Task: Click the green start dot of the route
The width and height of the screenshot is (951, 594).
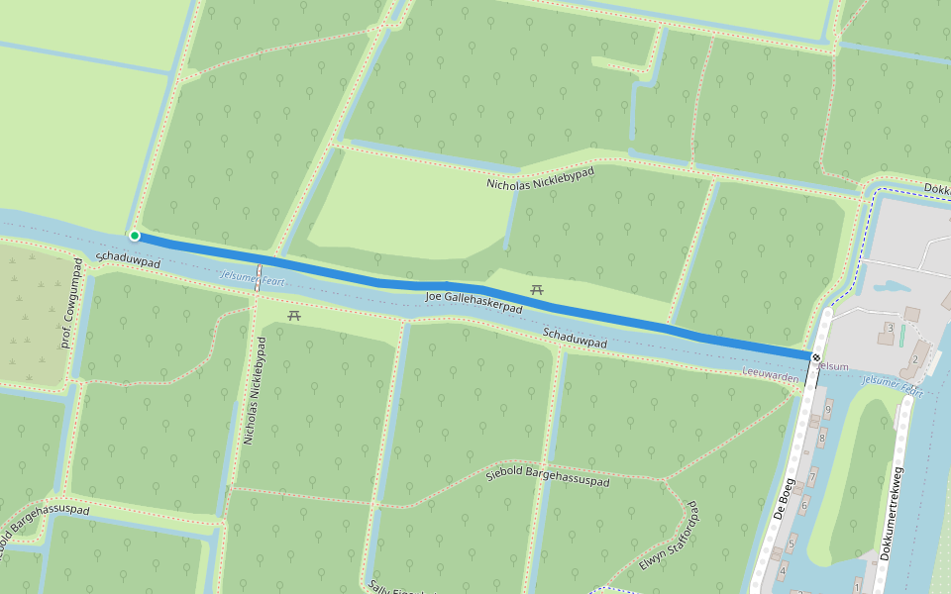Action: click(x=134, y=236)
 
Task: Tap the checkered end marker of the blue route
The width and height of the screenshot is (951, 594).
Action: click(x=815, y=356)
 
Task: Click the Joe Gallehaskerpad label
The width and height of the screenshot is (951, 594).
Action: click(x=473, y=298)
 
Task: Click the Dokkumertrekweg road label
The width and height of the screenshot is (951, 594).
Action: click(x=894, y=515)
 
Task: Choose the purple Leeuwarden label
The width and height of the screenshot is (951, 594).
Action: click(x=770, y=377)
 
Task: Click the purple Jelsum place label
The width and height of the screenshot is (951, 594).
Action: click(x=832, y=366)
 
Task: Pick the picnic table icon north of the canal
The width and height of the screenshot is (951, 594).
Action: click(x=537, y=289)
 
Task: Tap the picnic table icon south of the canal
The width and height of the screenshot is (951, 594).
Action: click(x=294, y=315)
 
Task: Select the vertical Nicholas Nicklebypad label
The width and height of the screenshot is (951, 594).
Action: click(x=256, y=390)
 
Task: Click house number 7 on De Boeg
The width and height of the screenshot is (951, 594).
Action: click(x=812, y=478)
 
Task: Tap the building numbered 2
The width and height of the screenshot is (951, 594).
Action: click(x=916, y=358)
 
